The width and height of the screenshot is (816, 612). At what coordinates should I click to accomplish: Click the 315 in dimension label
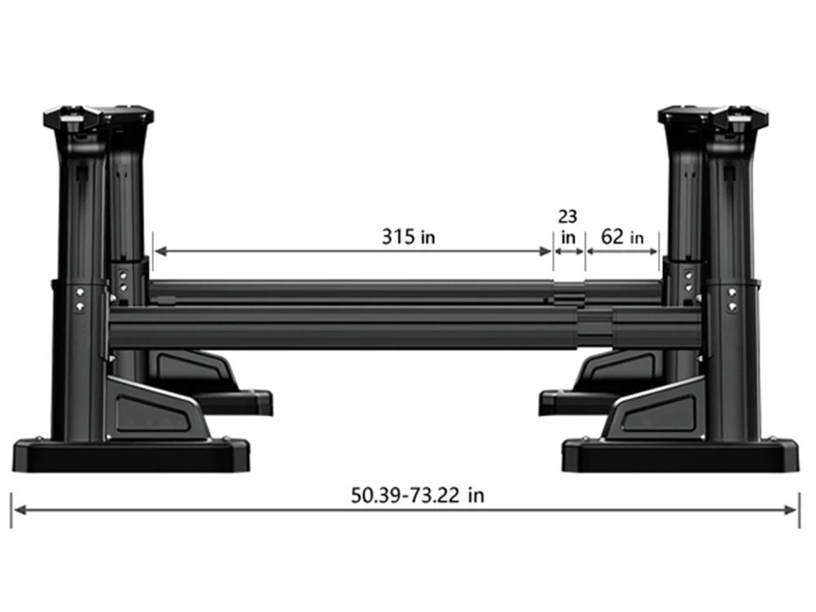click(x=408, y=237)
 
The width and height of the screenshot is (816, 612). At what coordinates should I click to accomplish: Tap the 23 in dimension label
click(x=568, y=226)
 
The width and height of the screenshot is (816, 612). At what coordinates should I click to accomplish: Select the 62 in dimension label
click(x=622, y=237)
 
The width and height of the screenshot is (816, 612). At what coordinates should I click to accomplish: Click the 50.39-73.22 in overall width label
click(x=417, y=495)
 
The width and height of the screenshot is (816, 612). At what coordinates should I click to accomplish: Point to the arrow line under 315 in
click(x=353, y=252)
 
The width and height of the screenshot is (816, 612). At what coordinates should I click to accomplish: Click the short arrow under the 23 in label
click(x=570, y=252)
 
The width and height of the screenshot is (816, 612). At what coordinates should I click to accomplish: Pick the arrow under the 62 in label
click(x=623, y=252)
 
